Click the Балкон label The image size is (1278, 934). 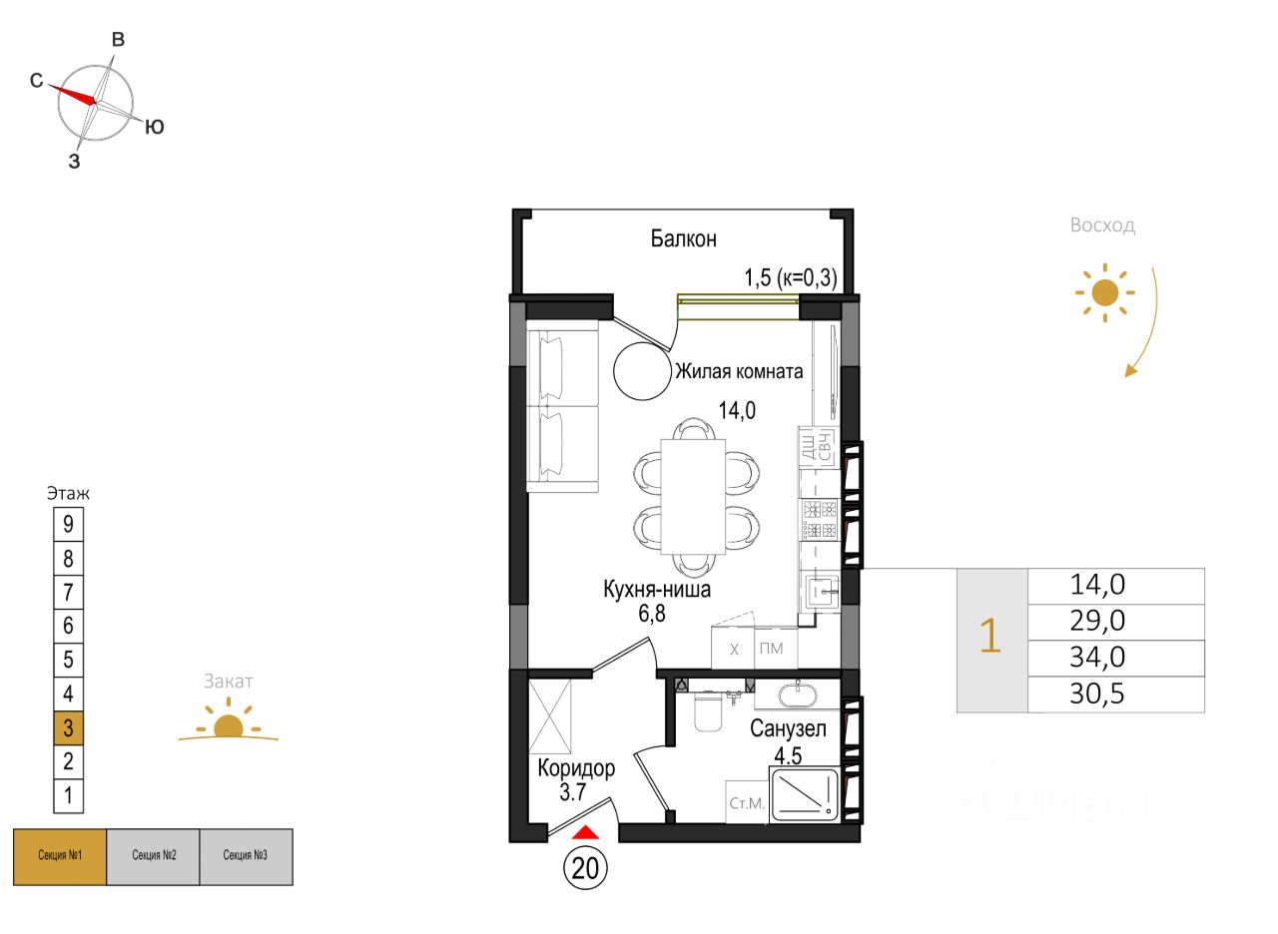[683, 239]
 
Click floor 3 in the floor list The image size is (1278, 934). [68, 727]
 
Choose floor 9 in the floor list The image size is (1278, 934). [68, 524]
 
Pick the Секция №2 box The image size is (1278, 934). [153, 856]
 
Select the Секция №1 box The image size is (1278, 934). [59, 856]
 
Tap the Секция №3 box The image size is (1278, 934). [246, 856]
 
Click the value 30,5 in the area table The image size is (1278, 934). [1096, 695]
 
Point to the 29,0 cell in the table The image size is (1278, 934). [1096, 621]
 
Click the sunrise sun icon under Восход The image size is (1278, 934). [1103, 292]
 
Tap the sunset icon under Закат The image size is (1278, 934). [229, 724]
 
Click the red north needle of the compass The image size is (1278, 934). [74, 93]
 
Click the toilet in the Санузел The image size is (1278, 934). [707, 710]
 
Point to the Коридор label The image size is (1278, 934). [576, 768]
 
